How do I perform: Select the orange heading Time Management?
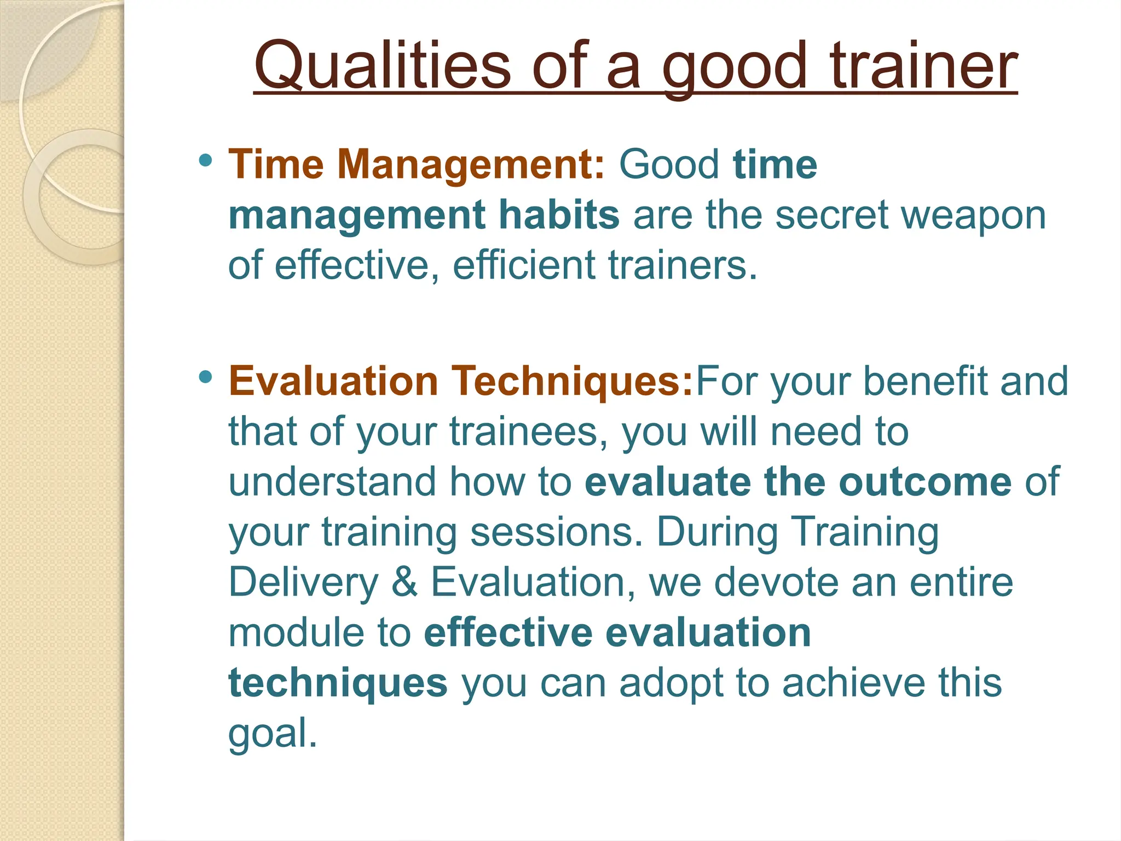pos(416,164)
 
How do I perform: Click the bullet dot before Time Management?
pos(206,160)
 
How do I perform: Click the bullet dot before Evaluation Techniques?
pos(206,377)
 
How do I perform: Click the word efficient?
pos(523,265)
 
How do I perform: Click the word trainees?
pos(529,431)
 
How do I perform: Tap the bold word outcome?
pos(925,482)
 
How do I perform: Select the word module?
pos(296,632)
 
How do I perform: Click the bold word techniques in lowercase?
pos(338,683)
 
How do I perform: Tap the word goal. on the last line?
pos(273,734)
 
